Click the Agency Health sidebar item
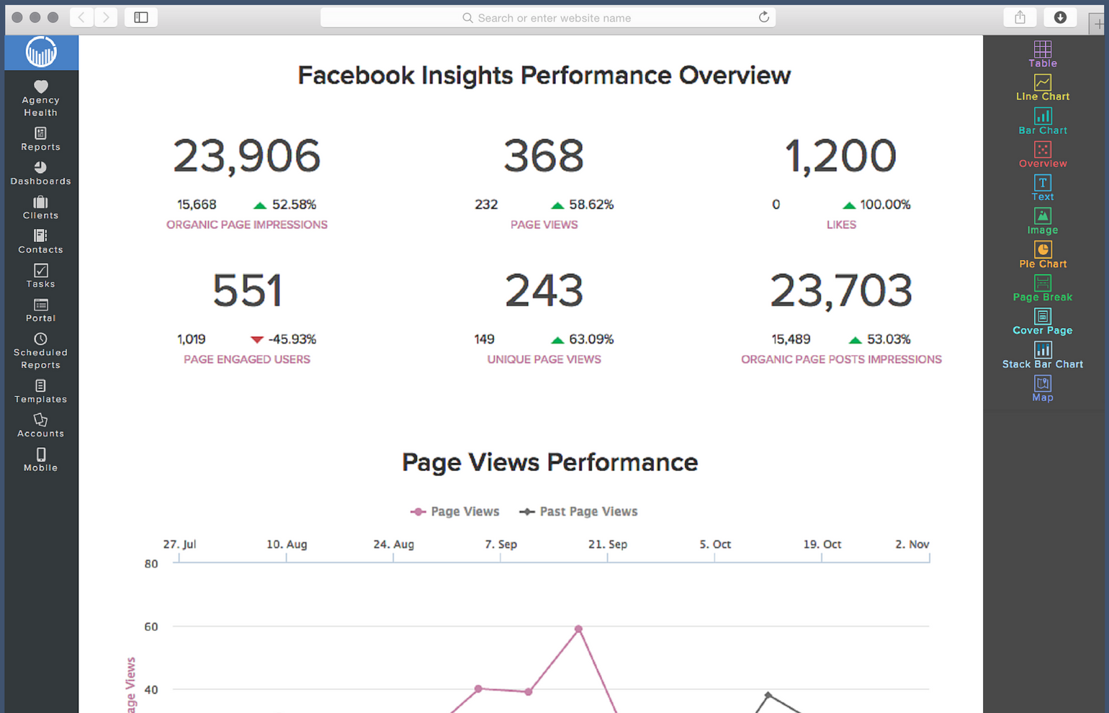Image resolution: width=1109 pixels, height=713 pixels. [x=40, y=98]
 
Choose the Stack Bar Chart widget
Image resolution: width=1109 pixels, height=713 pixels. [x=1042, y=354]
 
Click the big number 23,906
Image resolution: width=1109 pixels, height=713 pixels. [x=246, y=156]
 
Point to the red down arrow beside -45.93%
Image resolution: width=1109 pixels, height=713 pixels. [x=257, y=339]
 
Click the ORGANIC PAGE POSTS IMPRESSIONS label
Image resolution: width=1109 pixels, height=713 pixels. [x=841, y=359]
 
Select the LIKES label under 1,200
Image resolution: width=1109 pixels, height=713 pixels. [x=841, y=225]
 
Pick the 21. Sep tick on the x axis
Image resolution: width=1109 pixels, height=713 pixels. [x=607, y=544]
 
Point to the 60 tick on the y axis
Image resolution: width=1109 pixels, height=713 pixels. [x=151, y=627]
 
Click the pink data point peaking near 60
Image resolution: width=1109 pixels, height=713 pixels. [x=578, y=629]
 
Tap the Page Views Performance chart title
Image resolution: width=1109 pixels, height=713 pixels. [x=549, y=462]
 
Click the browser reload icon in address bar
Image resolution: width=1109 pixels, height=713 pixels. [x=763, y=17]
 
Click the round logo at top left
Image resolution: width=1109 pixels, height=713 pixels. [x=41, y=52]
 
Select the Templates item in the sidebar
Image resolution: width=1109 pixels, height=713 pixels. [x=40, y=391]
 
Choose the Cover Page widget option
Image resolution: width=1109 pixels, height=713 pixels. [x=1042, y=321]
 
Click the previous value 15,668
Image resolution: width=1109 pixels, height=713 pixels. [x=197, y=205]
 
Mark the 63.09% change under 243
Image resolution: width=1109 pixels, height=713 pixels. [x=591, y=339]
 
